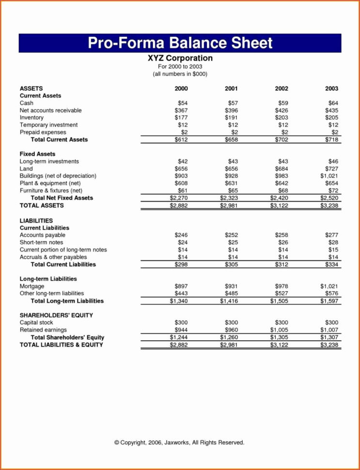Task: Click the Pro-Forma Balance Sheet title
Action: [180, 43]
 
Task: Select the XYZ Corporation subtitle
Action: [180, 58]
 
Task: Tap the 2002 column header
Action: [282, 89]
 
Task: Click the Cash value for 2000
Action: [181, 103]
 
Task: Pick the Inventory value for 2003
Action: [332, 118]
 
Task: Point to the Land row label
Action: [26, 169]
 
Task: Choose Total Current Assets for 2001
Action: [232, 140]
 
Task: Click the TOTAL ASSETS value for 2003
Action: [329, 206]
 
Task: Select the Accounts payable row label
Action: [42, 235]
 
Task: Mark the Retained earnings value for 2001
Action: [232, 330]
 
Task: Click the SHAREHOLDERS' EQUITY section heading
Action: [56, 315]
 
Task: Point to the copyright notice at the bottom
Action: [179, 442]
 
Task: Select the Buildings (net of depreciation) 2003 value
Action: [329, 176]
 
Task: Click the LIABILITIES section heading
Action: [36, 220]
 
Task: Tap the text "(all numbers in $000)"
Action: [180, 74]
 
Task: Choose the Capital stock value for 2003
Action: [332, 323]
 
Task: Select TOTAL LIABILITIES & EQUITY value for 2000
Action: [179, 345]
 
